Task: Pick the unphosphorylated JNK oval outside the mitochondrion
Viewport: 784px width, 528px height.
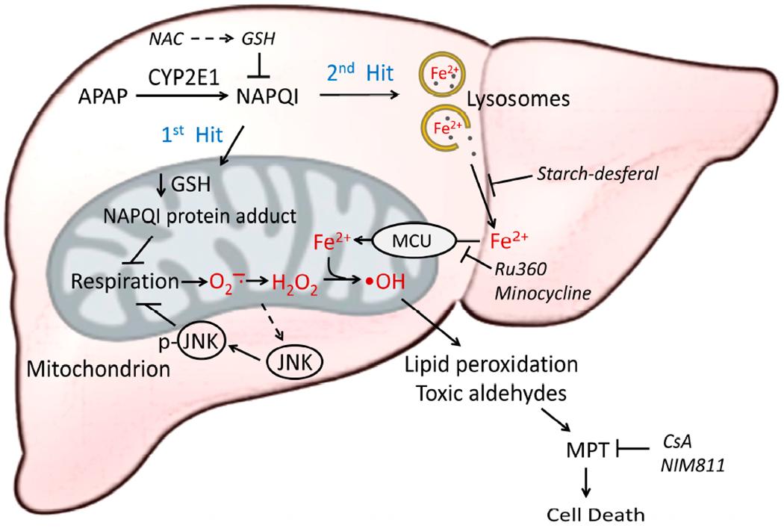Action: pos(293,364)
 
